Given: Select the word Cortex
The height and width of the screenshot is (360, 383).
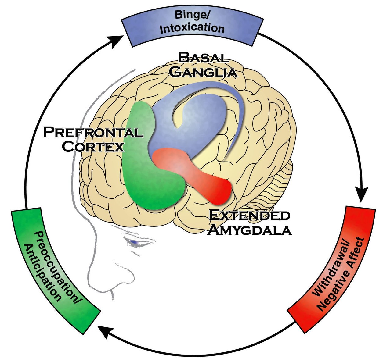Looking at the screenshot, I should point(95,147).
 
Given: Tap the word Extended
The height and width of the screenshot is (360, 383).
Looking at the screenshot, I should point(249,216).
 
